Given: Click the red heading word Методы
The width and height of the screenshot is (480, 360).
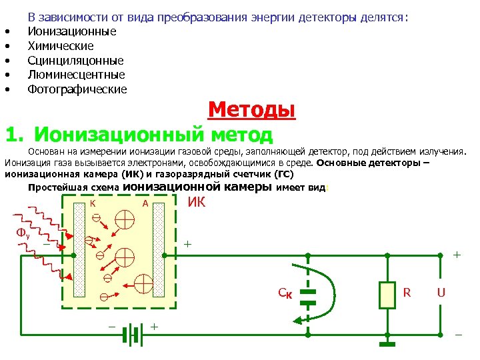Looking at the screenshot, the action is tap(251, 109).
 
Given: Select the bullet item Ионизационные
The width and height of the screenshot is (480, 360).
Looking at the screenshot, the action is tap(71, 31).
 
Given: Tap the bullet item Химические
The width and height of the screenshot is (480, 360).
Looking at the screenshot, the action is tap(60, 46).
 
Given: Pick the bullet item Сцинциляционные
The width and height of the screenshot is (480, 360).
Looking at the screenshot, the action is tap(75, 61).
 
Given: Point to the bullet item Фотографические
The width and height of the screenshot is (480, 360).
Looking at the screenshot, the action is tap(77, 89).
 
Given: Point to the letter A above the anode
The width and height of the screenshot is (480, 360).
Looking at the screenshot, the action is tap(145, 203).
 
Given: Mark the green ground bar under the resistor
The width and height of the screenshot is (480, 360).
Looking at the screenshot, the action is tap(387, 344).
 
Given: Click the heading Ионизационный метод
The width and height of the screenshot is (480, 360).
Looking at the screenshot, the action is tap(153, 133).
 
